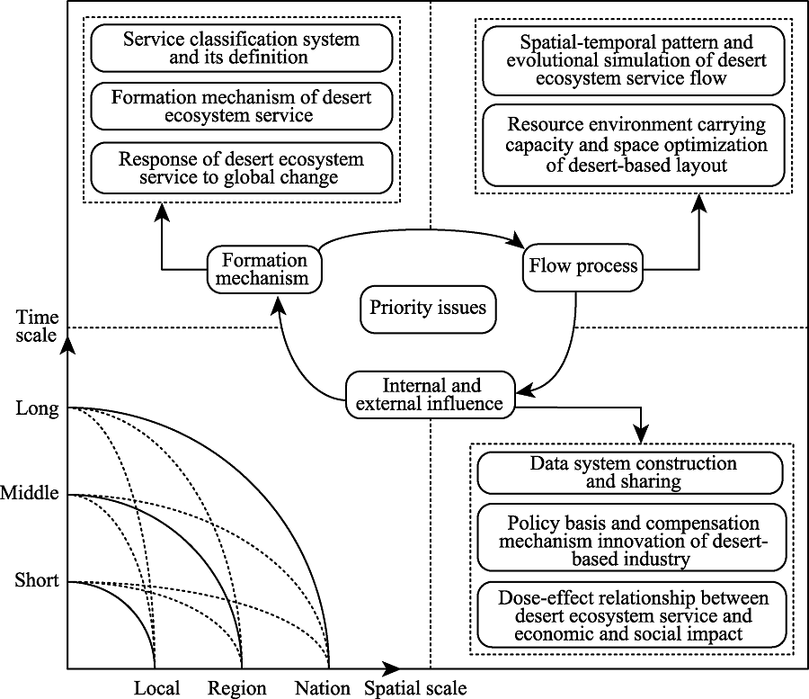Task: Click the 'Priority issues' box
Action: click(x=428, y=309)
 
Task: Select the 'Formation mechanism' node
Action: click(x=264, y=270)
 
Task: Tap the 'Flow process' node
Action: click(x=583, y=267)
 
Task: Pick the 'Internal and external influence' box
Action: click(x=431, y=395)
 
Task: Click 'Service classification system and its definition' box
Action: click(x=242, y=48)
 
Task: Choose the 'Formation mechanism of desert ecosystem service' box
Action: click(x=242, y=106)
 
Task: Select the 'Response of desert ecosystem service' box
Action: click(x=242, y=168)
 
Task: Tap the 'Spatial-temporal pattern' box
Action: click(x=634, y=61)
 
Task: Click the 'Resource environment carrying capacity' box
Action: click(x=634, y=145)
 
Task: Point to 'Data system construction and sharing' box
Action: click(x=630, y=473)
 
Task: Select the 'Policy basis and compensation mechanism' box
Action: click(x=632, y=537)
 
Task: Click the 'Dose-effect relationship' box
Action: click(x=632, y=614)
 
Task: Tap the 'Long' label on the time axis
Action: click(x=37, y=408)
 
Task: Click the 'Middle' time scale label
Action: click(x=30, y=493)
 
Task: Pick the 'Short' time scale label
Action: click(x=37, y=580)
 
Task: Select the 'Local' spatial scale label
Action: click(x=156, y=688)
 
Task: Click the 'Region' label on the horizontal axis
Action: click(x=237, y=689)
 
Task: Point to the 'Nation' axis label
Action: click(x=323, y=688)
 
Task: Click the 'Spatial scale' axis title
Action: click(x=416, y=689)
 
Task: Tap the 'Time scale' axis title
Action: click(x=37, y=327)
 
